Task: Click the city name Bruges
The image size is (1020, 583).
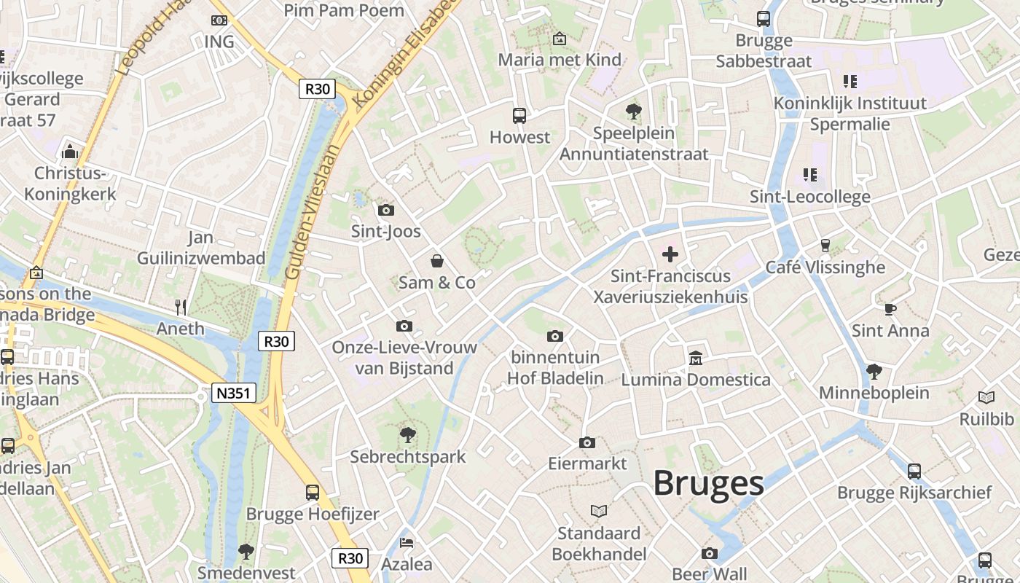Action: pyautogui.click(x=707, y=483)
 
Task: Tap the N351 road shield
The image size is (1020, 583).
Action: pyautogui.click(x=235, y=394)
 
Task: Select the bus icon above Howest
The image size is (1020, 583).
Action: pyautogui.click(x=519, y=115)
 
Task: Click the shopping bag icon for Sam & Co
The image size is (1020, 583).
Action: pyautogui.click(x=437, y=261)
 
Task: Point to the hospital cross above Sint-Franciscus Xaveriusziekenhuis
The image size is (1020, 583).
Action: pyautogui.click(x=670, y=254)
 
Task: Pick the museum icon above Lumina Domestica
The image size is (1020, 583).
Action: pyautogui.click(x=696, y=359)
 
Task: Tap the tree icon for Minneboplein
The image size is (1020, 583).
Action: pyautogui.click(x=874, y=372)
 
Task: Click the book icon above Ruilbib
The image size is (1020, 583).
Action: pyautogui.click(x=986, y=398)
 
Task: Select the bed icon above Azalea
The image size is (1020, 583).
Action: pyautogui.click(x=407, y=543)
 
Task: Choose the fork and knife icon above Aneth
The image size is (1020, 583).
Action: pyautogui.click(x=181, y=308)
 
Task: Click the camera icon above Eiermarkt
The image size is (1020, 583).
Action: pyautogui.click(x=587, y=442)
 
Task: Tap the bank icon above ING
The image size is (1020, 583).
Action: pyautogui.click(x=219, y=20)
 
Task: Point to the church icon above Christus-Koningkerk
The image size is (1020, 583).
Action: pyautogui.click(x=70, y=152)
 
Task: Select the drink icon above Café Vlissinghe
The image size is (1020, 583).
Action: pyautogui.click(x=825, y=246)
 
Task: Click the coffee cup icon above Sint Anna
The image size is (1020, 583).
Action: pyautogui.click(x=890, y=309)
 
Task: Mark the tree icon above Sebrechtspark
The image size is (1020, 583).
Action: pyautogui.click(x=408, y=435)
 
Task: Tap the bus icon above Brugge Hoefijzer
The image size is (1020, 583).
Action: pyautogui.click(x=313, y=492)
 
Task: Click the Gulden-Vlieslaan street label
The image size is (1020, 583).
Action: pyautogui.click(x=313, y=211)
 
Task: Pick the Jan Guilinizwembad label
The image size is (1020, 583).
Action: pyautogui.click(x=201, y=248)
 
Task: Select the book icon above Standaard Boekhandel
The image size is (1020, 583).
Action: pyautogui.click(x=599, y=512)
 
